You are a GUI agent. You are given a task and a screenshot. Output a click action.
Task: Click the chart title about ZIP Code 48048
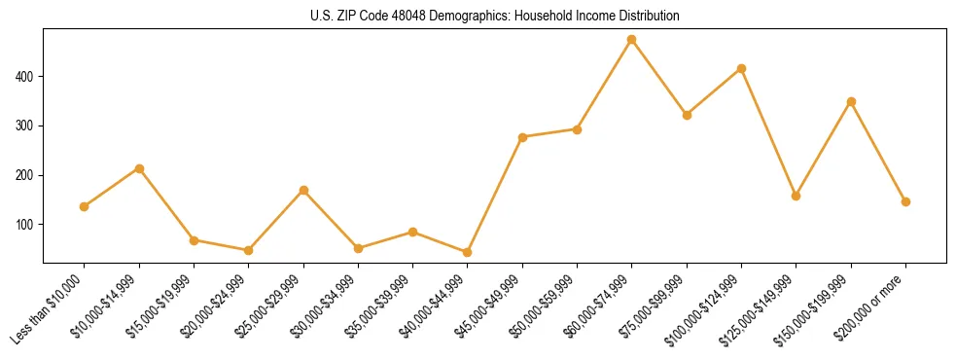pyautogui.click(x=477, y=17)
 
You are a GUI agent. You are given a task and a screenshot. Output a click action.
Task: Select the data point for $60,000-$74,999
pyautogui.click(x=632, y=40)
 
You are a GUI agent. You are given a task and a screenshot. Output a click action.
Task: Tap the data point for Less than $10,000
pyautogui.click(x=84, y=206)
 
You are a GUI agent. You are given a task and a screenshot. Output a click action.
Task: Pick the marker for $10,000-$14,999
pyautogui.click(x=139, y=168)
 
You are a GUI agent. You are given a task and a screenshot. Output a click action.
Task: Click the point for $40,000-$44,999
pyautogui.click(x=468, y=252)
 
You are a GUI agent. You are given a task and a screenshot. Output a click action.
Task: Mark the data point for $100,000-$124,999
pyautogui.click(x=742, y=68)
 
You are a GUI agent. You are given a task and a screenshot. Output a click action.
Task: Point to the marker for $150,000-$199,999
pyautogui.click(x=851, y=101)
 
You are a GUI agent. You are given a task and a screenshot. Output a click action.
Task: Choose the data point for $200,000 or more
pyautogui.click(x=905, y=201)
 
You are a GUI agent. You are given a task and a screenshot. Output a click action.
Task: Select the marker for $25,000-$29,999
pyautogui.click(x=303, y=190)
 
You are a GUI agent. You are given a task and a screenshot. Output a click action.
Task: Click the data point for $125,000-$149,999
pyautogui.click(x=797, y=196)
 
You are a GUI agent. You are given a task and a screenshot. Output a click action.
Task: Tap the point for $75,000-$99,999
pyautogui.click(x=687, y=115)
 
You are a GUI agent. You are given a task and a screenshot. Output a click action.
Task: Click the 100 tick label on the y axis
pyautogui.click(x=31, y=225)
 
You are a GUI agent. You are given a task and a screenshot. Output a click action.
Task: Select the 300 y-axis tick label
pyautogui.click(x=31, y=126)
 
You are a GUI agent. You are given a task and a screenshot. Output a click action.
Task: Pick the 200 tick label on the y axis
pyautogui.click(x=31, y=175)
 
